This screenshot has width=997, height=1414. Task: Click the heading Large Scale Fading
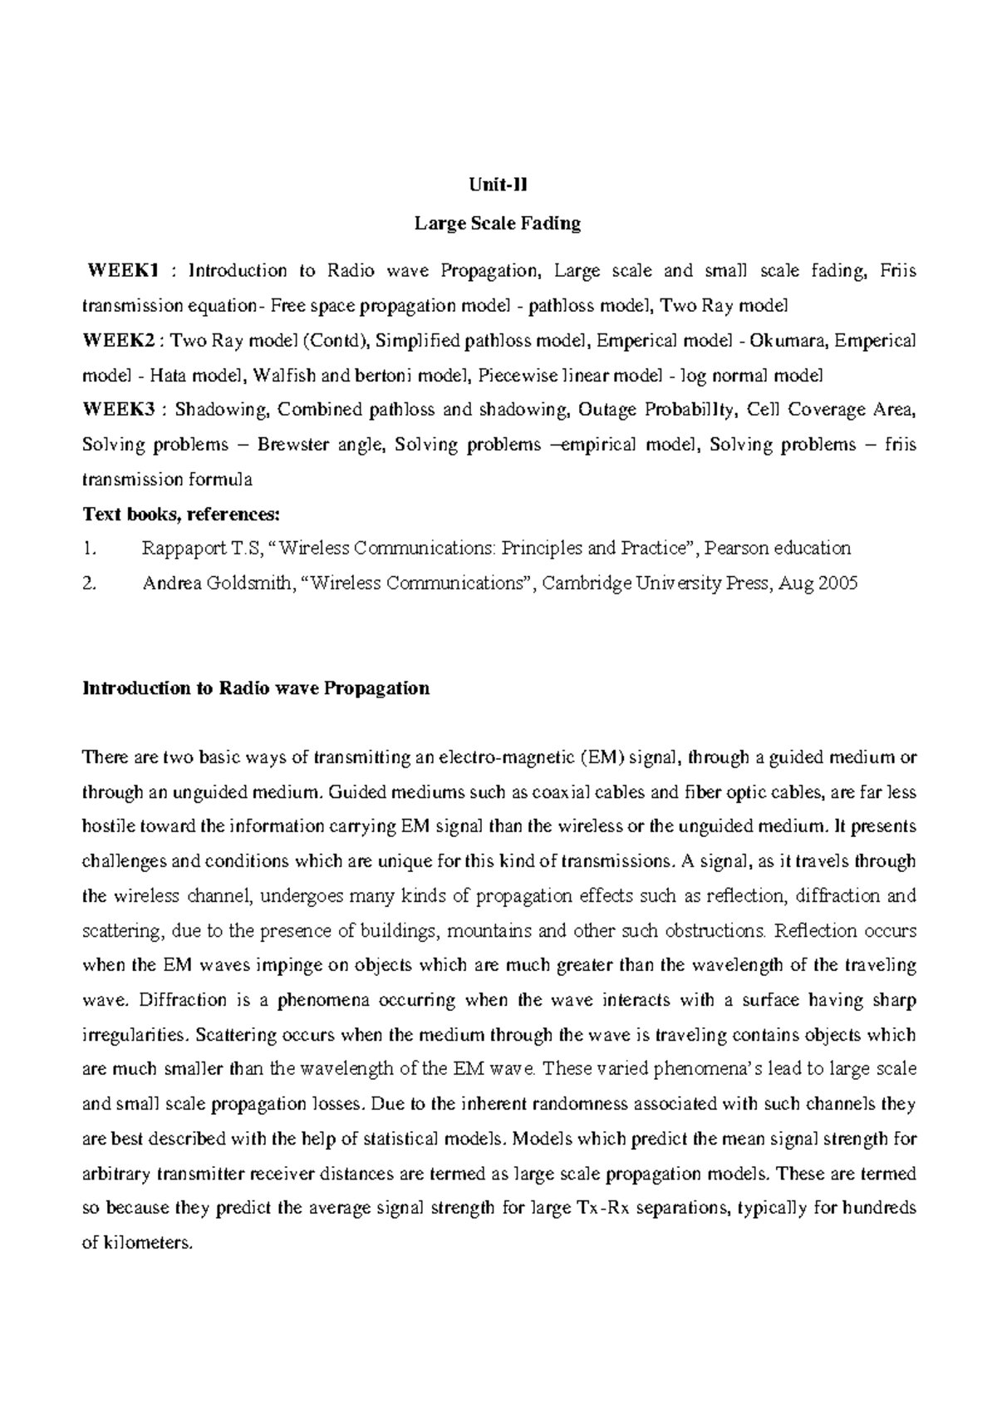click(x=498, y=223)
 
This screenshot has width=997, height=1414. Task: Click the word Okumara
click(x=790, y=340)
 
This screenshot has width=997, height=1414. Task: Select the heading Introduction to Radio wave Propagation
click(x=256, y=688)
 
